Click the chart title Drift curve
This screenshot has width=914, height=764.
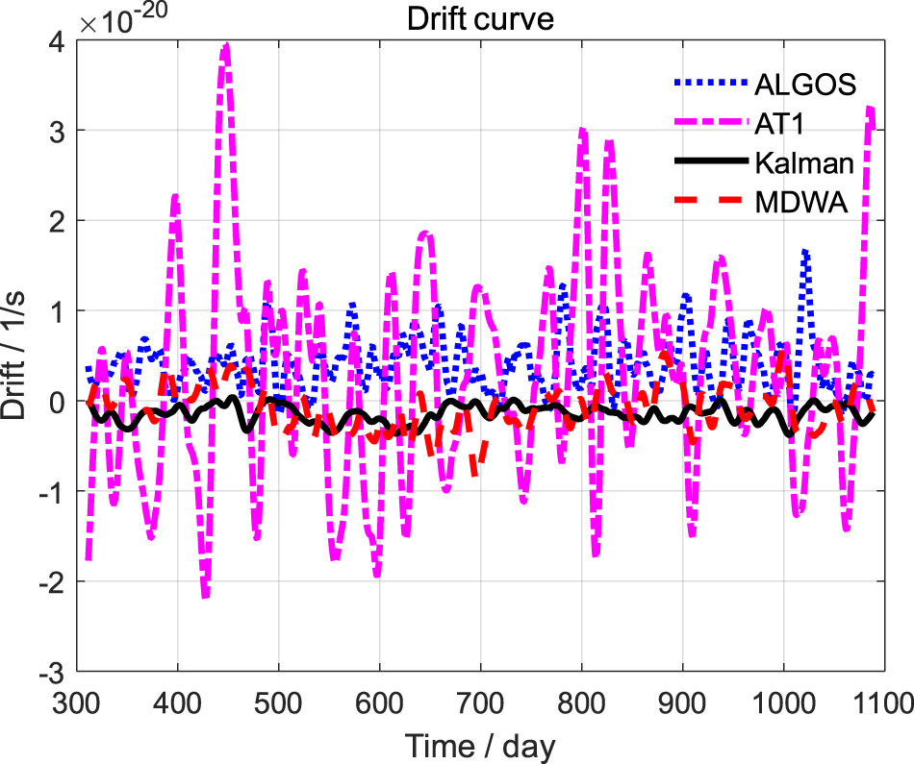tap(480, 19)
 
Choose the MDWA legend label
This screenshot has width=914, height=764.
tap(800, 203)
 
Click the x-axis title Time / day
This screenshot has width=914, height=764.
tap(480, 745)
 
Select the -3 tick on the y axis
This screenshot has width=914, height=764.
tap(53, 671)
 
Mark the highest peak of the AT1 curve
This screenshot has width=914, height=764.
tap(226, 44)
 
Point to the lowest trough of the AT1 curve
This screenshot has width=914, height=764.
tap(206, 597)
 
